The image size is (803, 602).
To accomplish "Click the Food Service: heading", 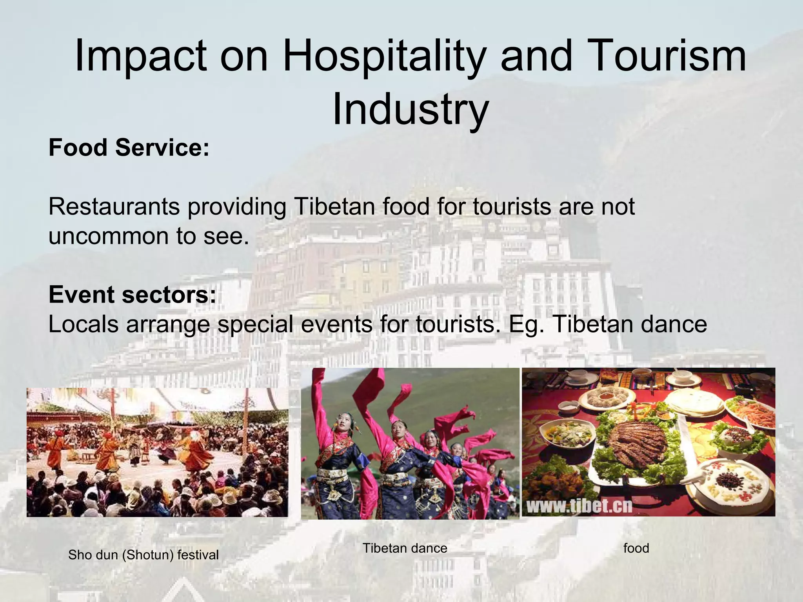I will [x=129, y=148].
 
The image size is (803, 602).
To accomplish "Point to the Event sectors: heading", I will [x=132, y=295].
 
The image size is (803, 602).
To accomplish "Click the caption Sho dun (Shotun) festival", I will [x=143, y=555].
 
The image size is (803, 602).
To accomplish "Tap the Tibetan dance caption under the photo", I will [x=405, y=548].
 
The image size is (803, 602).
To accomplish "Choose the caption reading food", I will [x=636, y=548].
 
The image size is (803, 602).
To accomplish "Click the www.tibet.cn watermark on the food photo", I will [x=579, y=506].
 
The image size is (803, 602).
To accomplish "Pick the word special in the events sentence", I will [x=255, y=324].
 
